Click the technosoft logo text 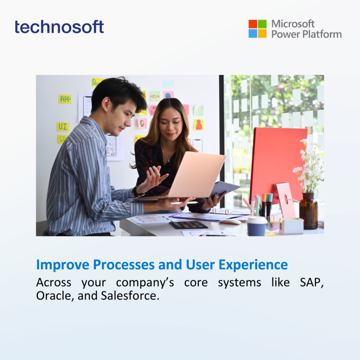coord(59,27)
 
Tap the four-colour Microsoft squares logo coord(257,29)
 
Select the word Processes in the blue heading coord(124,264)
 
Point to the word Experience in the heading coord(253,265)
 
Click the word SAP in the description coord(311,283)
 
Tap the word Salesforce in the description coord(130,296)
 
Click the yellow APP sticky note coord(65,99)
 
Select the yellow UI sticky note coord(63,127)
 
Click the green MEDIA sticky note coord(155,96)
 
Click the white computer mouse coord(229,221)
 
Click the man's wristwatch coord(135,192)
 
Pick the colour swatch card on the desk coord(188,225)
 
